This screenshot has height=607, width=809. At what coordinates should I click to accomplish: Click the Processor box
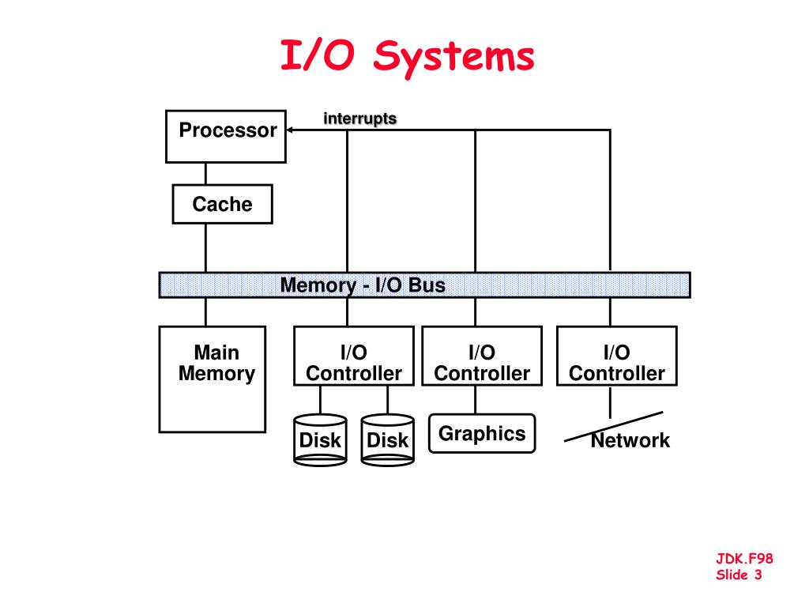tap(226, 136)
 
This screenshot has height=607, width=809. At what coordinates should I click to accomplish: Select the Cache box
tap(222, 204)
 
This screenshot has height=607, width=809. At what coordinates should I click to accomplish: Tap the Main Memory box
tap(213, 379)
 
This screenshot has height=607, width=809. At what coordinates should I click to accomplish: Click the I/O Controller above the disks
tap(354, 356)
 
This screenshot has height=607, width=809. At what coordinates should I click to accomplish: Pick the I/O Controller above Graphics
tap(482, 356)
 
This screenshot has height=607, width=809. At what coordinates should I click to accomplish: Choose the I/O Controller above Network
tap(616, 356)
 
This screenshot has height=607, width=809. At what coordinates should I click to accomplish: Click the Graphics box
tap(482, 434)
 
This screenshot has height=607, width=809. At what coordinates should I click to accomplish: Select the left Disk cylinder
tap(320, 439)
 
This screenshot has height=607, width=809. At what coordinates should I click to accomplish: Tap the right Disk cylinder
tap(387, 439)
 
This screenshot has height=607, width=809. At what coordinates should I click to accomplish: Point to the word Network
tap(630, 440)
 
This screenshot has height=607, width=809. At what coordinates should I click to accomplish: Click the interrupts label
tap(359, 119)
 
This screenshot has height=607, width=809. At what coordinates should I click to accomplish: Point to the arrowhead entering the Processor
tap(289, 130)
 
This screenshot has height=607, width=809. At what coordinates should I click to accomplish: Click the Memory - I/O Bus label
tap(362, 285)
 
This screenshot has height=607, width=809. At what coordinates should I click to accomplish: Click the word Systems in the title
tap(454, 56)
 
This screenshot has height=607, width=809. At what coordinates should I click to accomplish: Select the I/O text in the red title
tap(318, 55)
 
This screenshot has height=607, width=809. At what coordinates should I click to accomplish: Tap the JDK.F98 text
tap(744, 558)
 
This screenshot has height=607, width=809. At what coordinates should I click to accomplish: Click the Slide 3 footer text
tap(739, 575)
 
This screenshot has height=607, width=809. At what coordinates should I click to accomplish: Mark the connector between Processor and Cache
tap(206, 174)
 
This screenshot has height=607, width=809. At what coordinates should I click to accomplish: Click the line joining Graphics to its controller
tap(475, 400)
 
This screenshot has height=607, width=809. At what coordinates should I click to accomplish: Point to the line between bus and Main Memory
tap(206, 311)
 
